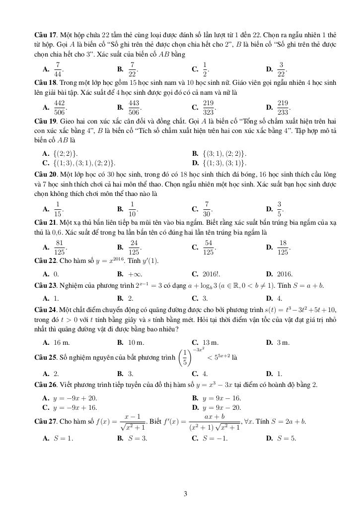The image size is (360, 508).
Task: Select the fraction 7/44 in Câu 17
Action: (58, 69)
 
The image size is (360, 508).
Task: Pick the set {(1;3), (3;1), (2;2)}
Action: (85, 162)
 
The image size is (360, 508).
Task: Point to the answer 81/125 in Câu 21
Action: (59, 247)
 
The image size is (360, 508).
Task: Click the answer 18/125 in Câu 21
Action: (283, 247)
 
